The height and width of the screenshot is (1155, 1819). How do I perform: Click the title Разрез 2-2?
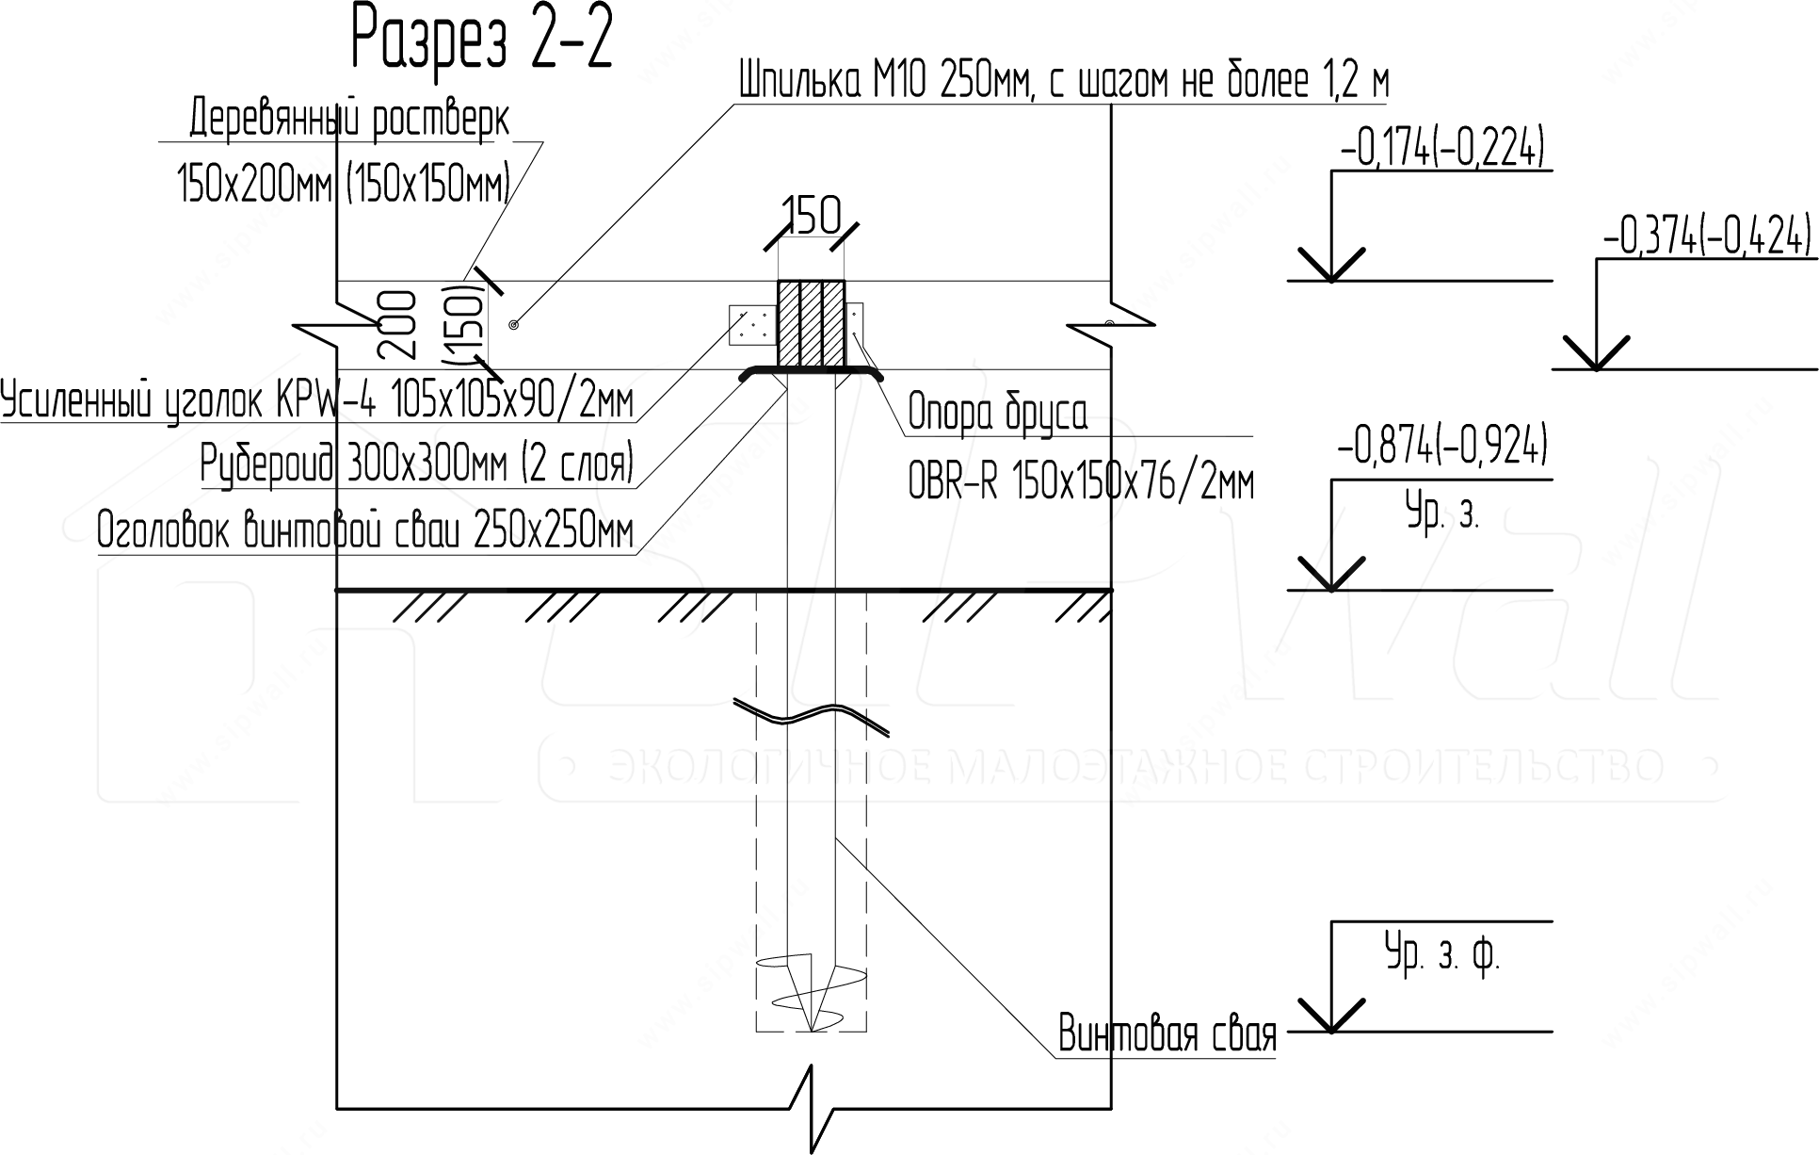coord(482,39)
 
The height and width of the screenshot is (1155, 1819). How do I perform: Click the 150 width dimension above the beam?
coord(812,218)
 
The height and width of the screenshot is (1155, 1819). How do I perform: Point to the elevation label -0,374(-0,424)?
coord(1705,238)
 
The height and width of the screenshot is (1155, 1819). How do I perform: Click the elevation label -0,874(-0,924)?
coord(1441,446)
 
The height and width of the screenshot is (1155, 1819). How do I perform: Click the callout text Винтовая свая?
coord(1167,1033)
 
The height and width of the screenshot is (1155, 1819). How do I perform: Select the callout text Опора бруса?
coord(997,413)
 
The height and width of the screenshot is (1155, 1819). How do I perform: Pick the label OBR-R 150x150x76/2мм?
coord(1081,484)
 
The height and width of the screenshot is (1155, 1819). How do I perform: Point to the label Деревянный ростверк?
coord(349,121)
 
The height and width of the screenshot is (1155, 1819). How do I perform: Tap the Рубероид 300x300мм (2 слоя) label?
coord(417,464)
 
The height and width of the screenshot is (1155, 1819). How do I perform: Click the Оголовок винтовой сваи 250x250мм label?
coord(365,532)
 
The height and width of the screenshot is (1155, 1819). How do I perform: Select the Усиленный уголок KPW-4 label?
coord(317,402)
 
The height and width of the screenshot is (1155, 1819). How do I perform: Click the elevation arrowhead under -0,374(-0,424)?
coord(1596,353)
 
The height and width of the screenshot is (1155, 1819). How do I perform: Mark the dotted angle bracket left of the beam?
coord(752,325)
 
